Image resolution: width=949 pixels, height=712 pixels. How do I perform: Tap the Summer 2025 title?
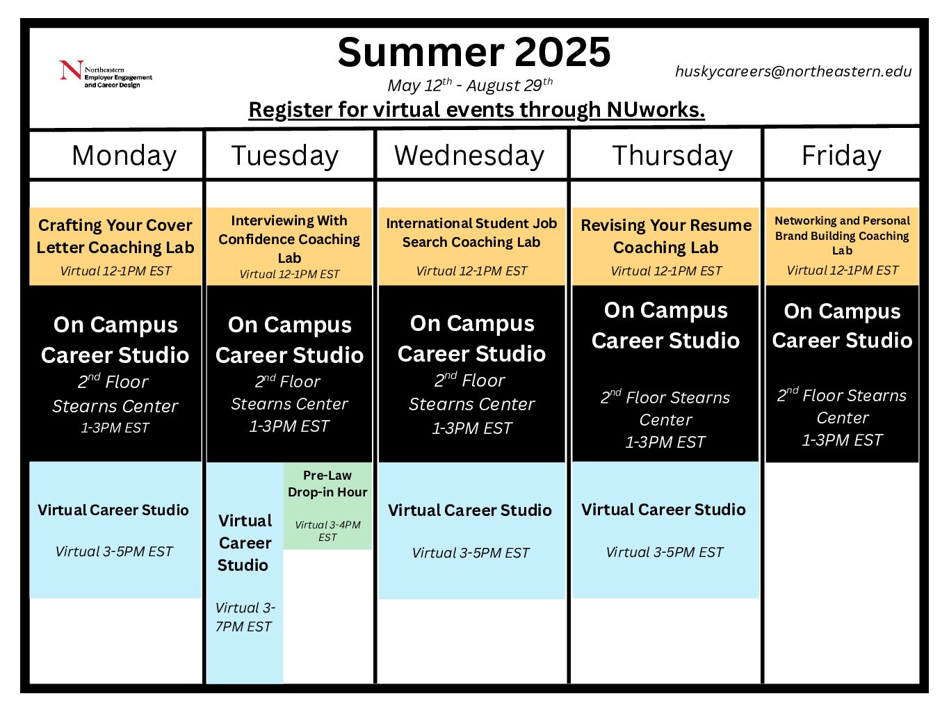point(474,52)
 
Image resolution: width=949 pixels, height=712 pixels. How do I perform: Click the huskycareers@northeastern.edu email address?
point(793,72)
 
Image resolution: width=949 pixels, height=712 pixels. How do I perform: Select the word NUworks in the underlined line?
point(656,110)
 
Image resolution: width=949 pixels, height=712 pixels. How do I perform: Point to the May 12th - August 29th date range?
point(470,85)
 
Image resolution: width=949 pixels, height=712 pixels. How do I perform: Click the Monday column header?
point(124,156)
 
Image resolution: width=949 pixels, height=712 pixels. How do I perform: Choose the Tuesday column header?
point(285,156)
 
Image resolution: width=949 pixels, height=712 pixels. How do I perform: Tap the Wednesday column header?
point(469,156)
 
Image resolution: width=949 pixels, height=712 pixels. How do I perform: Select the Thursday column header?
point(672,156)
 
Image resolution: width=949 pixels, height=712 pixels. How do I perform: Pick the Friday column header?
point(841,156)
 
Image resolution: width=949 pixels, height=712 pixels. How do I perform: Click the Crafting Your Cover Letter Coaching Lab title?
point(115,236)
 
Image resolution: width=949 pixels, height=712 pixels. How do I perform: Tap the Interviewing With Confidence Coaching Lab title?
point(289,239)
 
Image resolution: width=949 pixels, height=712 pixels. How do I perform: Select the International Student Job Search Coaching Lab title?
point(471,232)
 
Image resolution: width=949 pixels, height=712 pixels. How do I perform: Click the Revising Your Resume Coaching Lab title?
point(666,236)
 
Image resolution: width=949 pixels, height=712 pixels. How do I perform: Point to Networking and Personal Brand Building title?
point(842,235)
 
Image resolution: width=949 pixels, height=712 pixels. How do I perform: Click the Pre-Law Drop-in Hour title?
point(327,484)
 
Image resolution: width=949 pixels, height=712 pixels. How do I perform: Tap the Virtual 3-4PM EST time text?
point(327,531)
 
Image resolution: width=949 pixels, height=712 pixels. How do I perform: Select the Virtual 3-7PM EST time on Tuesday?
point(245,617)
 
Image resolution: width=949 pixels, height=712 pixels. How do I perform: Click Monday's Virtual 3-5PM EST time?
point(114,551)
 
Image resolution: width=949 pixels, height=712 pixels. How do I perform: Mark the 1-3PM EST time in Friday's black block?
point(842,440)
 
